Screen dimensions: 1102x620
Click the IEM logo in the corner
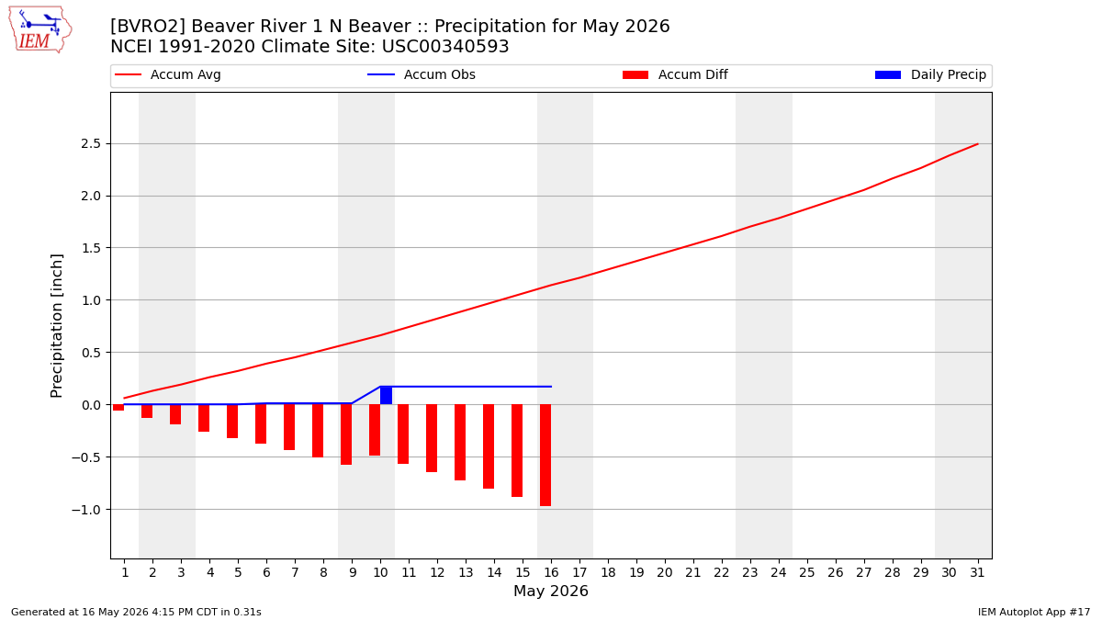coord(40,29)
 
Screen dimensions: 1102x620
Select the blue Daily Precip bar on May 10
coord(387,396)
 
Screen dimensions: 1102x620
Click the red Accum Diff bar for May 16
coord(545,456)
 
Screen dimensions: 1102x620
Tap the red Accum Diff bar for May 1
coord(118,408)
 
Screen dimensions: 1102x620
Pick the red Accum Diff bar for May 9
coord(346,434)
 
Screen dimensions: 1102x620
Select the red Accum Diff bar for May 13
coord(460,443)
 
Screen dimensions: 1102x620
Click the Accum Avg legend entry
coord(168,74)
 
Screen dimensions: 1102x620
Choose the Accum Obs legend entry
coord(422,74)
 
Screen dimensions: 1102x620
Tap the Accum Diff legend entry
coord(675,74)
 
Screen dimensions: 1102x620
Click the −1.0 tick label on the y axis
coord(86,510)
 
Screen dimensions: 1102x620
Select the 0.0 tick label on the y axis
coord(91,405)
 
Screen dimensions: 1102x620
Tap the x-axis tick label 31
coord(977,573)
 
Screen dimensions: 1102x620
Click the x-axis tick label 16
coord(551,573)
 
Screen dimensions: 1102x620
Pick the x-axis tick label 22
coord(722,573)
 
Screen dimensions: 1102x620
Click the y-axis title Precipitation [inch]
coord(57,326)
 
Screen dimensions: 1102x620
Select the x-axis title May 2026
coord(551,591)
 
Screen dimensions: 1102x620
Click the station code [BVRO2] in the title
coord(148,26)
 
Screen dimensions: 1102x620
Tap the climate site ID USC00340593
coord(445,46)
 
